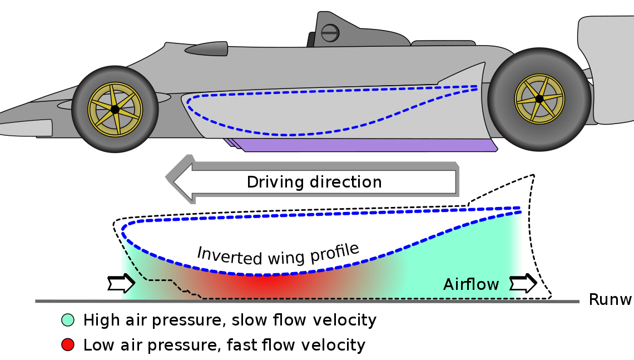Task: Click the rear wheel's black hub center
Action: pos(539,99)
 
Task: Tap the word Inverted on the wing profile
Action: pos(222,254)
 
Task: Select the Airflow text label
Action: pos(471,285)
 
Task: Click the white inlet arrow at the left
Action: pos(121,284)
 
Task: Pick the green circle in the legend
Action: pos(68,320)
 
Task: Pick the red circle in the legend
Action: pos(68,345)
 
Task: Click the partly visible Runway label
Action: pos(611,300)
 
